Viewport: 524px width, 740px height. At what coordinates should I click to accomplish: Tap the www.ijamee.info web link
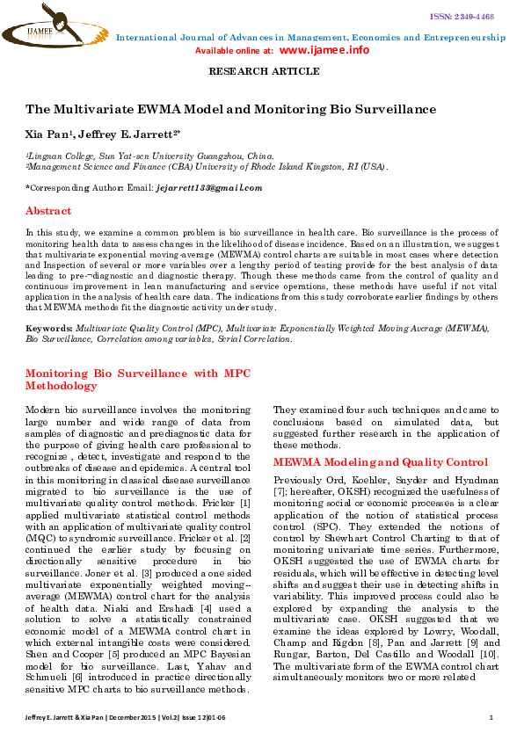coord(325,50)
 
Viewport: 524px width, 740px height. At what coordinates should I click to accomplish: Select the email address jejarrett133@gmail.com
coord(209,188)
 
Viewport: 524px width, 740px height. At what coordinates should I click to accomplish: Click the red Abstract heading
coord(48,212)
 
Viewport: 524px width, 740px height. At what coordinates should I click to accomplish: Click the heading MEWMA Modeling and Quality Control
coord(380,462)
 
